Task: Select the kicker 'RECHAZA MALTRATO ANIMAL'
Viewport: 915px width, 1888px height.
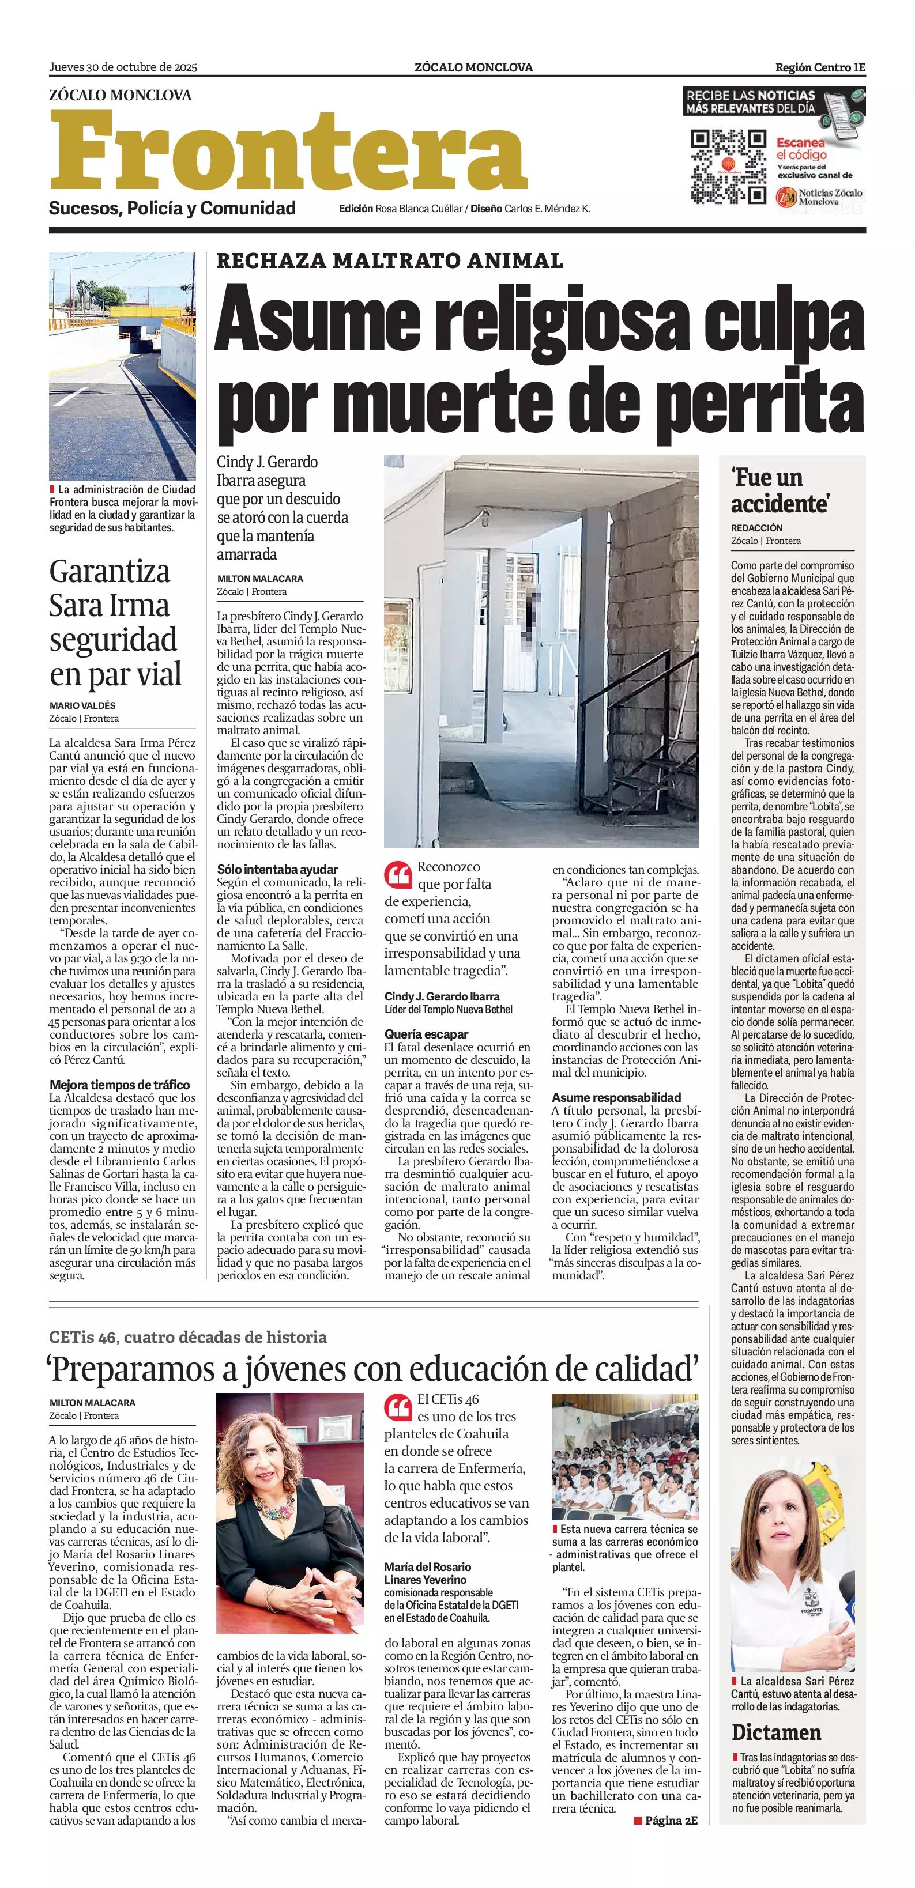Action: click(x=389, y=261)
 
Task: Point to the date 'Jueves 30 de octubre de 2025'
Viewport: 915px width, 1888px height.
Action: click(x=123, y=67)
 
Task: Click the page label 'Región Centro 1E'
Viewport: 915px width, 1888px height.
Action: click(x=820, y=67)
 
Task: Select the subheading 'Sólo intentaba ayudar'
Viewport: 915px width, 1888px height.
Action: click(x=277, y=869)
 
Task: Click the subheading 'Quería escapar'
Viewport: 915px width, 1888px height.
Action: click(x=426, y=1034)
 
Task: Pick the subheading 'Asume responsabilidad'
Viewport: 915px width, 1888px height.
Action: click(x=616, y=1097)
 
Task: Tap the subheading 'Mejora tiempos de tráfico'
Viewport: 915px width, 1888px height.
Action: click(x=119, y=1085)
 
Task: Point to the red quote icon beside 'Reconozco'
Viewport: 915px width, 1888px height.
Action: click(x=397, y=874)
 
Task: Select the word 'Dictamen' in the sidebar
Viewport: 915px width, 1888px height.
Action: click(x=775, y=1732)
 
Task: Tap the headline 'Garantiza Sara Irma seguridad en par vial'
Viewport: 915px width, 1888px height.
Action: click(x=115, y=622)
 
